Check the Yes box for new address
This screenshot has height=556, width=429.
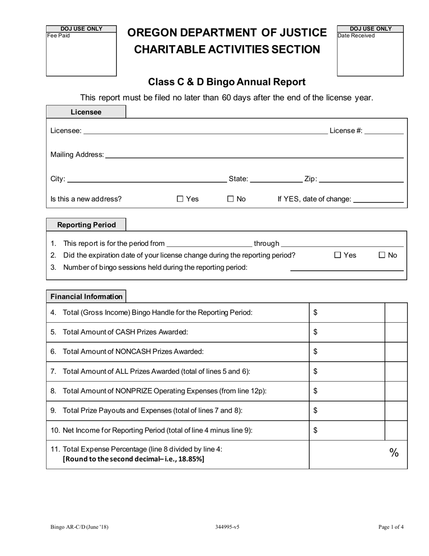[180, 199]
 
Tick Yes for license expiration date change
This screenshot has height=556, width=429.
[338, 255]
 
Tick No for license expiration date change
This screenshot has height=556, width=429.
[382, 255]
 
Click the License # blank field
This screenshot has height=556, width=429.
[383, 131]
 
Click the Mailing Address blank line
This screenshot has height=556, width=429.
[254, 155]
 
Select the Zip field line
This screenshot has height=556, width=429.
[361, 179]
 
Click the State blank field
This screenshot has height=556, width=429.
[276, 179]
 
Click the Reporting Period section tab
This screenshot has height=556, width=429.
[86, 225]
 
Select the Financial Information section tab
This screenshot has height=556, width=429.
[86, 297]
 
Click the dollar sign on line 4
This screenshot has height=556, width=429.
[315, 312]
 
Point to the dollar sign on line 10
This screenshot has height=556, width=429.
[315, 430]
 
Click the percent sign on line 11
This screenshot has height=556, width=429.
[394, 453]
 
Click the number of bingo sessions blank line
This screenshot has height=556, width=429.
[346, 268]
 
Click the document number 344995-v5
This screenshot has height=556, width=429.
[227, 527]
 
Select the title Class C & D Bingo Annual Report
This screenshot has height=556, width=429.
[227, 82]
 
